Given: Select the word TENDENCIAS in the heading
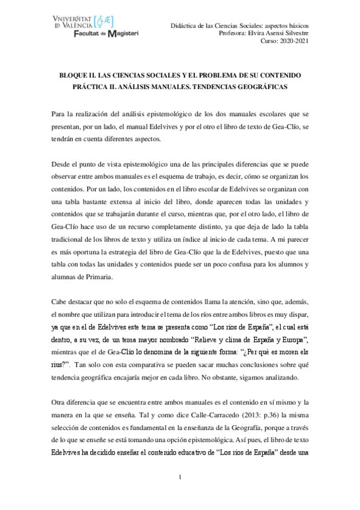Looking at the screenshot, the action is [x=204, y=88].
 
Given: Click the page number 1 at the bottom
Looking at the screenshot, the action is [x=180, y=477].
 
